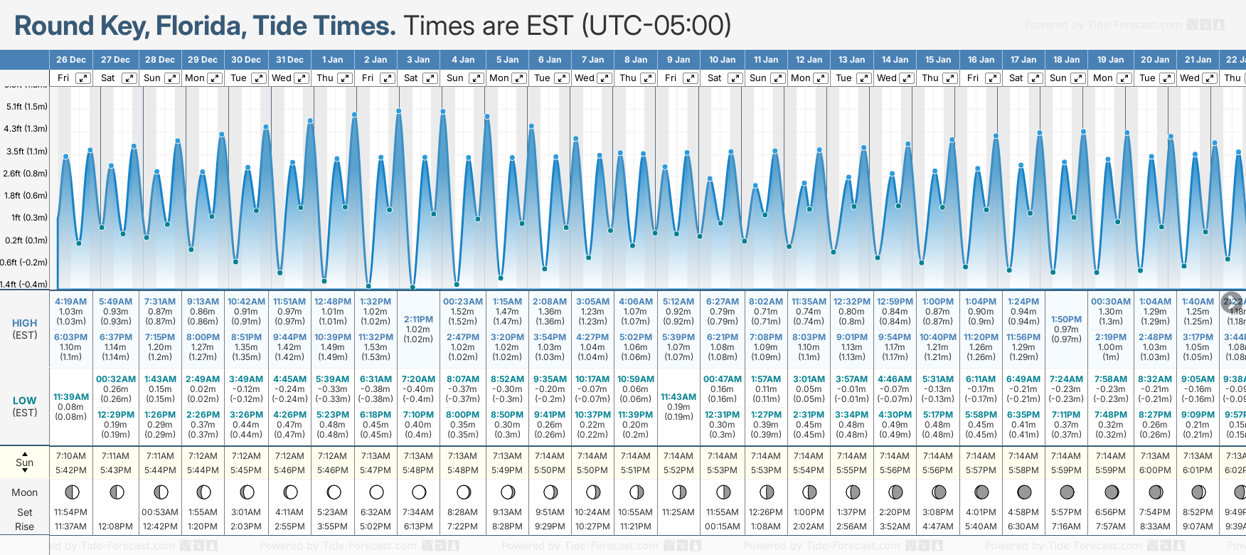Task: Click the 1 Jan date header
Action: (332, 60)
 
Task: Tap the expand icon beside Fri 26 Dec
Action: (83, 78)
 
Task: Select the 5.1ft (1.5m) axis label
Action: (27, 107)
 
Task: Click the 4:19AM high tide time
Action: (70, 302)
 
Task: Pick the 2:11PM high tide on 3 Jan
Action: (418, 319)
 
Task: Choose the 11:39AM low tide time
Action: (71, 397)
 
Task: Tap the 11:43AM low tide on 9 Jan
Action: (678, 397)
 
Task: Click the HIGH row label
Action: (25, 323)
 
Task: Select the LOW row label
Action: (24, 401)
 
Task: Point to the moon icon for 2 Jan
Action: (376, 492)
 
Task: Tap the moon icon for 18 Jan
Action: (1067, 492)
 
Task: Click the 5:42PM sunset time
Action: (71, 470)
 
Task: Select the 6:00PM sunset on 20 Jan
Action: (1154, 470)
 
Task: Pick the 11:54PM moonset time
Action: (71, 512)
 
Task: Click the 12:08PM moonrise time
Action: (115, 527)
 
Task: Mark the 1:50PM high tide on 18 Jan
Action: (1066, 319)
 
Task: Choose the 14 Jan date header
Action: (895, 60)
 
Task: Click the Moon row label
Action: (25, 492)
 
